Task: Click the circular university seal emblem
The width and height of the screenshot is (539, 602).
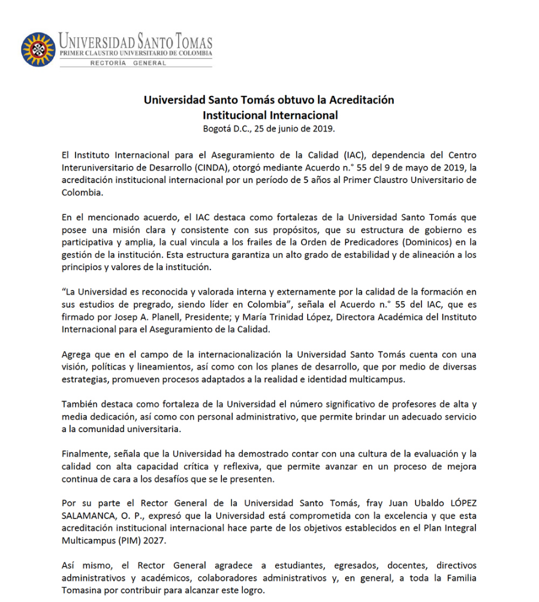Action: click(38, 50)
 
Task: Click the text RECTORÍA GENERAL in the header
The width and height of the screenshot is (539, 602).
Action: click(128, 62)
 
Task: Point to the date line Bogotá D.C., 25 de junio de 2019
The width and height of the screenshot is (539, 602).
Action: click(269, 128)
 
